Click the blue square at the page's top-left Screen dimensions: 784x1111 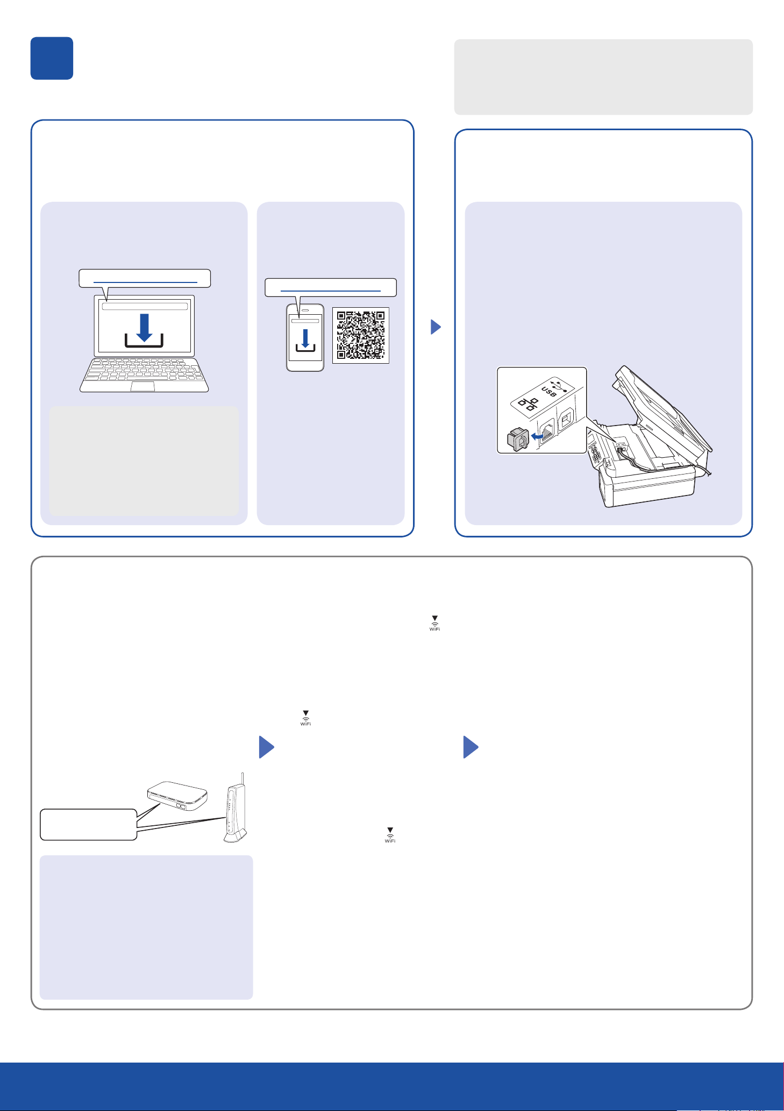pos(52,58)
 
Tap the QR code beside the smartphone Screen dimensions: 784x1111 pos(360,334)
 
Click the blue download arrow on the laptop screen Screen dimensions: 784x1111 pos(144,328)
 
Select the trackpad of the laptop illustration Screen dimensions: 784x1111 pos(143,386)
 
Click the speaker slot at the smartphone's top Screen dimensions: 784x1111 pos(305,310)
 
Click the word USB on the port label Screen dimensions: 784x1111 pos(549,392)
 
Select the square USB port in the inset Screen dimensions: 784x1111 pos(565,420)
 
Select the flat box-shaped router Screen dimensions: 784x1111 pos(177,796)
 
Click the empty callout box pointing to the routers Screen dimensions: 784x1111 pos(88,824)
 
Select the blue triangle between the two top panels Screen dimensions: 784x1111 pos(436,327)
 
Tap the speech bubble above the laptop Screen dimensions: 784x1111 pos(145,278)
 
